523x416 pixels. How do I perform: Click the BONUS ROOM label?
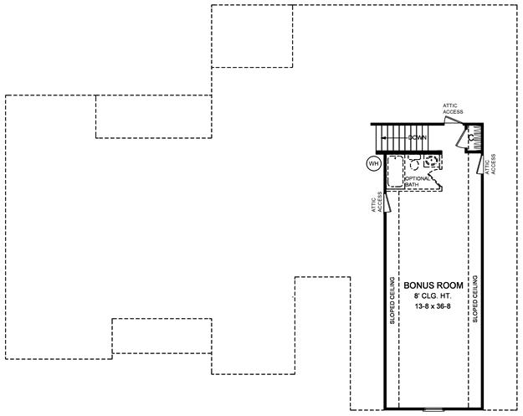point(433,285)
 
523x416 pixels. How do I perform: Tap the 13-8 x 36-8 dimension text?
point(433,306)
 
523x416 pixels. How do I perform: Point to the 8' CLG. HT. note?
point(433,296)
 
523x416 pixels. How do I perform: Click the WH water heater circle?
point(373,163)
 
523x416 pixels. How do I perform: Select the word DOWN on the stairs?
point(418,138)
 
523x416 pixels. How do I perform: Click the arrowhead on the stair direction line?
point(383,138)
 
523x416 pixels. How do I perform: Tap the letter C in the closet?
point(471,138)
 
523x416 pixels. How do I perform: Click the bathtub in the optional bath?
point(395,171)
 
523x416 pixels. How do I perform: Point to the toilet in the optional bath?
point(414,162)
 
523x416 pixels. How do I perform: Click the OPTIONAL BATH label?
point(418,182)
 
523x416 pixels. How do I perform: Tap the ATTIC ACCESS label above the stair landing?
point(453,109)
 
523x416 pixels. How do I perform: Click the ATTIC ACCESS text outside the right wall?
point(490,164)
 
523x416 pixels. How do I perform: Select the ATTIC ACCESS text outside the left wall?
point(377,203)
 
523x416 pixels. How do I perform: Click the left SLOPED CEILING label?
point(392,300)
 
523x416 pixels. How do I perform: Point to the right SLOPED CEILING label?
point(475,299)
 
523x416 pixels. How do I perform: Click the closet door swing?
point(461,137)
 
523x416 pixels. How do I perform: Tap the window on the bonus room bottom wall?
point(433,408)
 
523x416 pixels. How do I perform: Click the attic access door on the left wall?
point(387,203)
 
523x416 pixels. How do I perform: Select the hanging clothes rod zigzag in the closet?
point(476,138)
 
